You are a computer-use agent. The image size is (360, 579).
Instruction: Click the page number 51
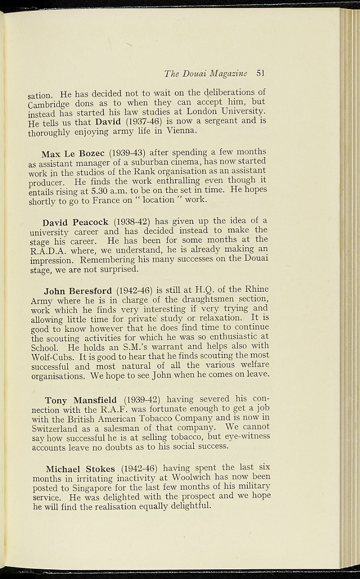261,73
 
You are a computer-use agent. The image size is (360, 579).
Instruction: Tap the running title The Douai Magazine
206,74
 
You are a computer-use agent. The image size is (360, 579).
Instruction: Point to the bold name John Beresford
77,291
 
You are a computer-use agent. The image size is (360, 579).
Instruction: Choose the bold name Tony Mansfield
80,400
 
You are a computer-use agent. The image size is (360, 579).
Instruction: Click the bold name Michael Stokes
80,469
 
